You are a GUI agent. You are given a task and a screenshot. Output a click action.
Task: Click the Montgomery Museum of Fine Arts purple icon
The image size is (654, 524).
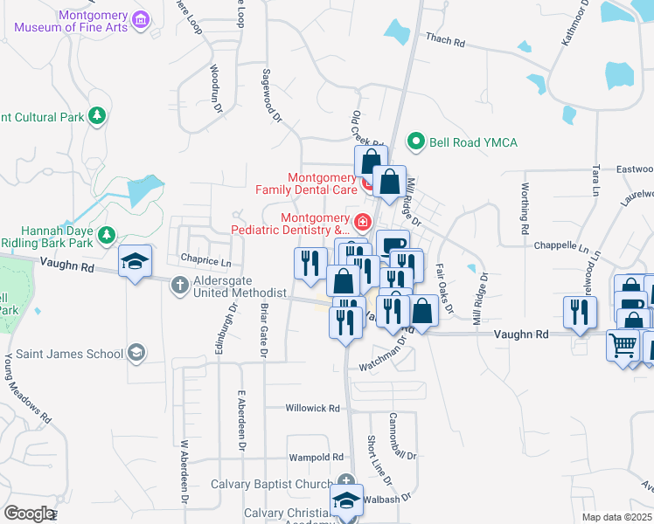[x=140, y=18]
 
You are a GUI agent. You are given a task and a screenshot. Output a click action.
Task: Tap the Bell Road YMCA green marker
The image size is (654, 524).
[x=417, y=141]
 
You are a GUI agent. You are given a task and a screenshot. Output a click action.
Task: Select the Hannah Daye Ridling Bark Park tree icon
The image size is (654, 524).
[x=107, y=234]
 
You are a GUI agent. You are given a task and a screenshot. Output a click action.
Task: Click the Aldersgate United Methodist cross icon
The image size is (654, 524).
[x=180, y=284]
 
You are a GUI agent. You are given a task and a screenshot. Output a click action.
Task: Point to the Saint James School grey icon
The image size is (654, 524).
[x=136, y=353]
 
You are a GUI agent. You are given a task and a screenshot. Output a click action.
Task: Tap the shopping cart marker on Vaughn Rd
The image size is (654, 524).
[x=623, y=342]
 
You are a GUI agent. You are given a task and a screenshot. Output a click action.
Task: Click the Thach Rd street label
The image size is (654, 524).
[x=445, y=39]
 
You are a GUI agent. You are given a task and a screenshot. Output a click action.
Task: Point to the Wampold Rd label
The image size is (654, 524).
[x=317, y=457]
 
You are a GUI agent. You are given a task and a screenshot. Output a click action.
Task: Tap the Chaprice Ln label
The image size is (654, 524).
[x=205, y=260]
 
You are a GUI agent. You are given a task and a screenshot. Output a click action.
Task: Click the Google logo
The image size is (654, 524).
[x=28, y=514]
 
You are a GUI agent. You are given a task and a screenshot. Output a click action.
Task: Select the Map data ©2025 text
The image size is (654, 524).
[x=617, y=517]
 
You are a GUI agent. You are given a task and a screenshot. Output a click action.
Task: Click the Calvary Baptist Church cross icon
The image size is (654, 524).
[x=347, y=480]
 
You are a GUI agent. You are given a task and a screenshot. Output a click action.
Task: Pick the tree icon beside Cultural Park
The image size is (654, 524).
[x=98, y=116]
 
